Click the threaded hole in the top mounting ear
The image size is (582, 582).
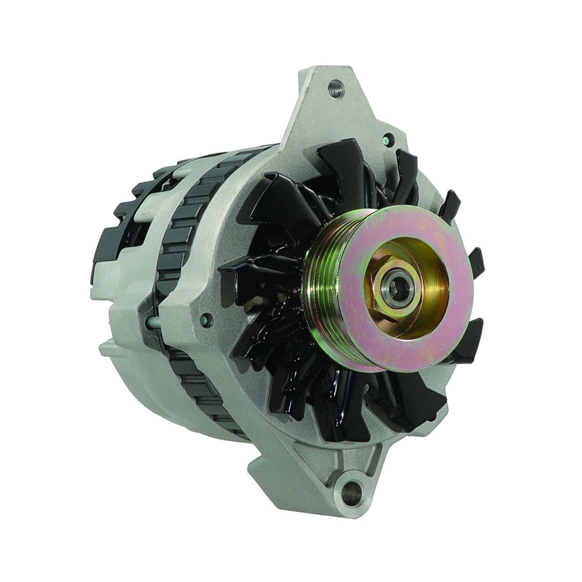pos(336,89)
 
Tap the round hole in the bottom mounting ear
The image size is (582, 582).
pos(351,493)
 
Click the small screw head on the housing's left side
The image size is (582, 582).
pos(205,320)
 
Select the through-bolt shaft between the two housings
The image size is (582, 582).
pos(153,321)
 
